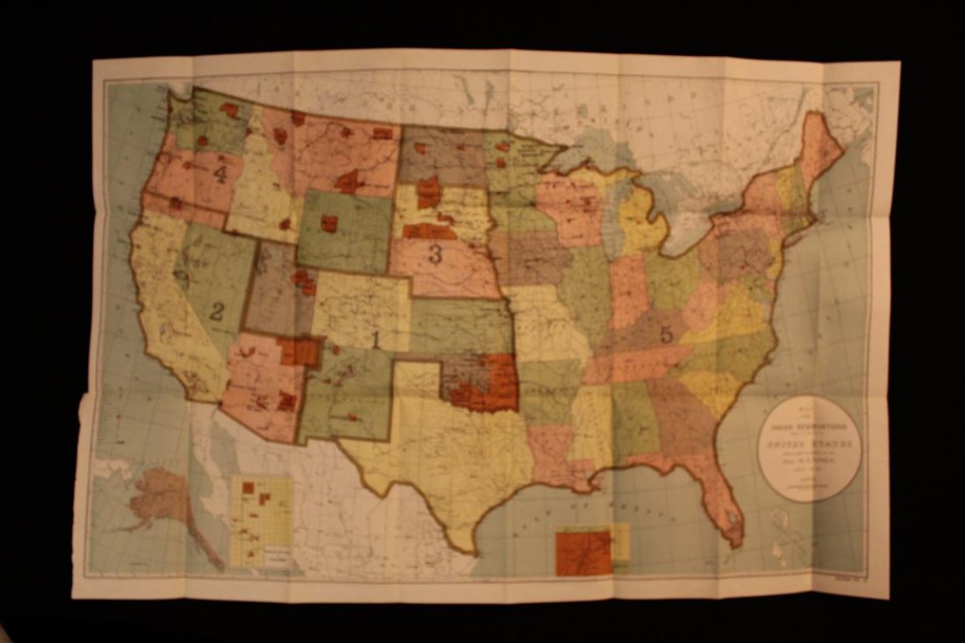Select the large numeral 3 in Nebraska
434,255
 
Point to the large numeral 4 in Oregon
219,174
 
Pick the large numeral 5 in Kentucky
666,333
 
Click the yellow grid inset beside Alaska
261,521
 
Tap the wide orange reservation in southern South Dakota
430,232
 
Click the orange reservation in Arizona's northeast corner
299,351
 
